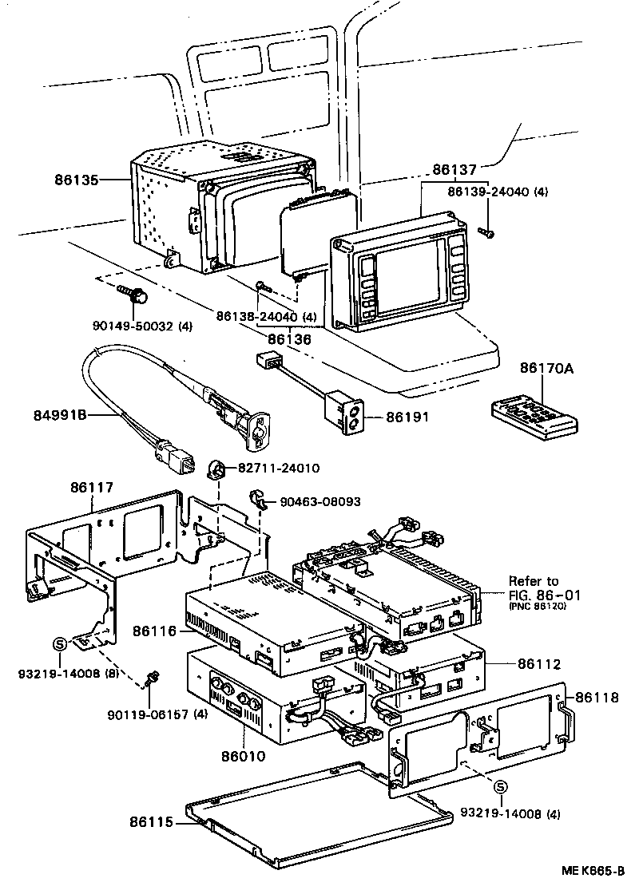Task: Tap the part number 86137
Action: click(454, 170)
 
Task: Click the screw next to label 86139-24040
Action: click(486, 232)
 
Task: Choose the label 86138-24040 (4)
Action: click(266, 317)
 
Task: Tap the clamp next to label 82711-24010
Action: click(217, 469)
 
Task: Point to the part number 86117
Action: click(92, 485)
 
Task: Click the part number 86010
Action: click(244, 754)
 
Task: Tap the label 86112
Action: click(539, 663)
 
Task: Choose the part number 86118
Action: click(597, 697)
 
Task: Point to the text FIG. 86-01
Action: click(545, 595)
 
